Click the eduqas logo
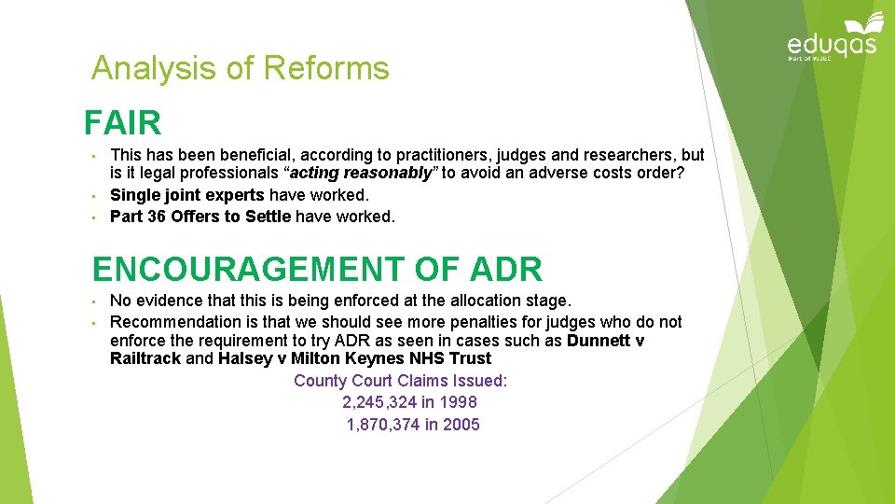tap(833, 39)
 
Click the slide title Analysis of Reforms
tap(240, 68)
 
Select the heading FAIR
tap(122, 123)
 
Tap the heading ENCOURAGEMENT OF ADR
tap(317, 269)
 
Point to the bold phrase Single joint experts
tap(186, 195)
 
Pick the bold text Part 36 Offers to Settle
tap(200, 217)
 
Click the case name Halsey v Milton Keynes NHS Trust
tap(354, 358)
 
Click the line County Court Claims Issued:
tap(400, 381)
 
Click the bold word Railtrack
tap(145, 358)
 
